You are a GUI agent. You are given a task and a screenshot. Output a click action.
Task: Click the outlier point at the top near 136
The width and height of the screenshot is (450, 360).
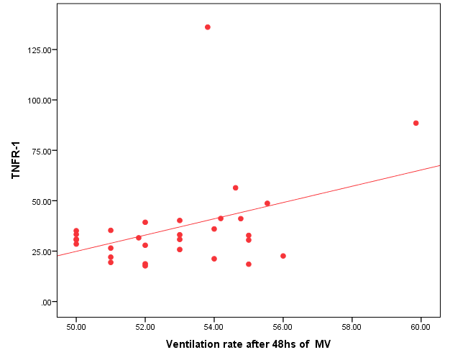[x=208, y=27]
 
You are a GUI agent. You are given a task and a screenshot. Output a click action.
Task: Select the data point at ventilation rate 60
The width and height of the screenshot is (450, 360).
[x=415, y=123]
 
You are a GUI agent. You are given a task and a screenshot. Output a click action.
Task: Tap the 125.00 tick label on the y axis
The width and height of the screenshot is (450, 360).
[x=37, y=50]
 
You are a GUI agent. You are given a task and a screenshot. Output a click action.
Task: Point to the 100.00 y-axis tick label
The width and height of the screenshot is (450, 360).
[x=37, y=101]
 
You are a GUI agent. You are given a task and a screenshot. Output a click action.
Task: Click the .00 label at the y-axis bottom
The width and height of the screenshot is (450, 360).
[x=45, y=302]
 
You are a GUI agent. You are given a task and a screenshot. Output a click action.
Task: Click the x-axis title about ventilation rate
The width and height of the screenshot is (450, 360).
[x=248, y=344]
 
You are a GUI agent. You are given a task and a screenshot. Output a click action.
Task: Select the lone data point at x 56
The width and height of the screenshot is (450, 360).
[x=283, y=256]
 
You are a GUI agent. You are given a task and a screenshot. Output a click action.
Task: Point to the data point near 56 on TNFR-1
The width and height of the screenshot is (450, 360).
[x=235, y=188]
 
